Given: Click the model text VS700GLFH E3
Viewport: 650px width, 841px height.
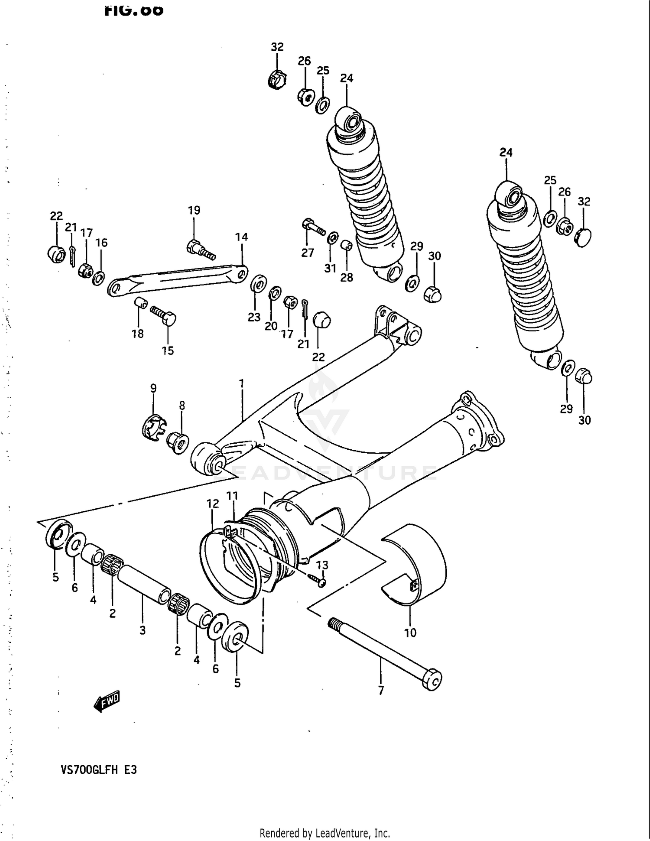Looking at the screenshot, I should point(99,770).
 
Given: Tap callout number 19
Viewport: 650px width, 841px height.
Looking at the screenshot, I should point(194,211).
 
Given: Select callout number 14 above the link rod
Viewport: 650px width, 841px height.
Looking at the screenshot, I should point(241,237).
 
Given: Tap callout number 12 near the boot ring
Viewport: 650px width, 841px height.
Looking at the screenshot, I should point(212,504).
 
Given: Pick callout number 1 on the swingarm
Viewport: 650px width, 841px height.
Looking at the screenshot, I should point(241,384).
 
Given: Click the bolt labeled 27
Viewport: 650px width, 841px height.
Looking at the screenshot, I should point(313,227).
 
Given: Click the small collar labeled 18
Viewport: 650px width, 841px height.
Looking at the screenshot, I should point(140,302).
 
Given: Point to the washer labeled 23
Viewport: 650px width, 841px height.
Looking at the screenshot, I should point(259,285).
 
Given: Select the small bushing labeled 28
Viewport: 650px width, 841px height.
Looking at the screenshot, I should point(346,246).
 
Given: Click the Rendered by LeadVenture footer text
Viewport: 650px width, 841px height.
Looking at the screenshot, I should point(325,833).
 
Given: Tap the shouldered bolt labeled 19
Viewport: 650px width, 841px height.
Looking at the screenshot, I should point(200,250).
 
